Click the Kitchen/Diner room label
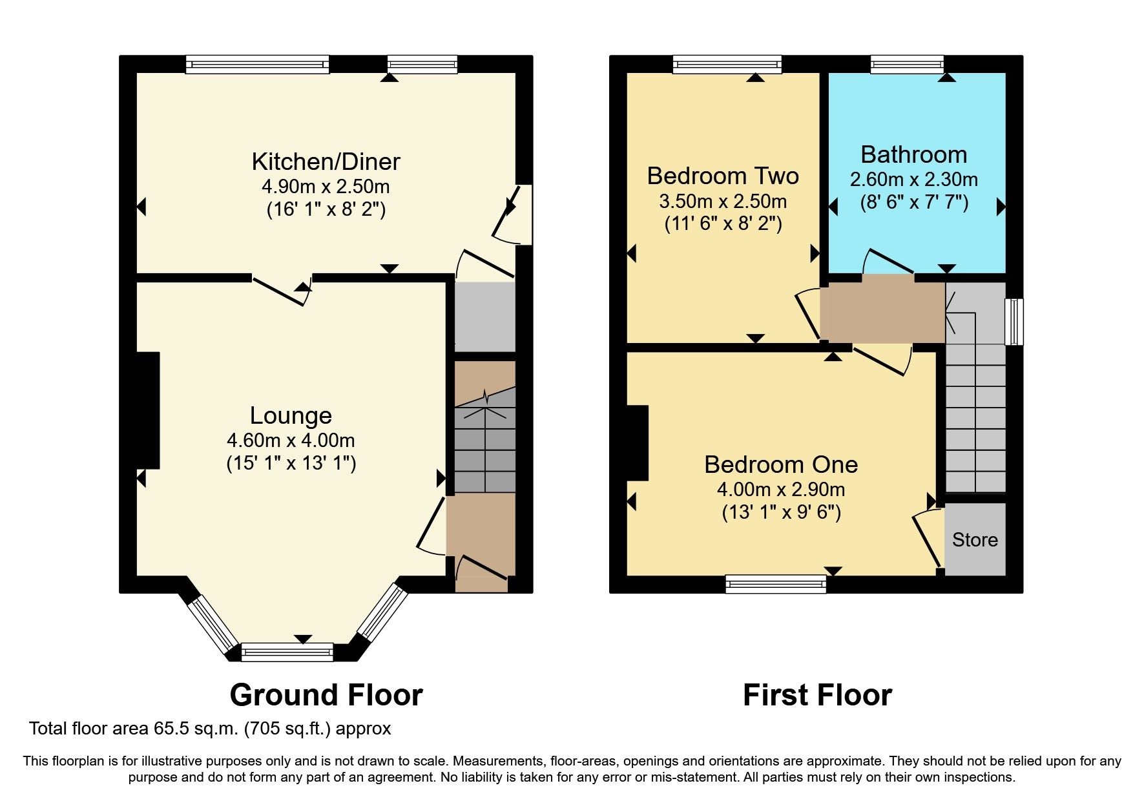326,161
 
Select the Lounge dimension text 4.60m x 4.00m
291,441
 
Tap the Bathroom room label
913,155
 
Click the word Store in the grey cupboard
975,540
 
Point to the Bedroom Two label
723,176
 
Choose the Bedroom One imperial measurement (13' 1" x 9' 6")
781,512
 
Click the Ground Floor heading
326,695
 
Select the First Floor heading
817,695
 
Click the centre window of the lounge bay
287,652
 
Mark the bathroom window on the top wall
907,64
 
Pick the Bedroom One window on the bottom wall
776,584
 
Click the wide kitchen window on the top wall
257,64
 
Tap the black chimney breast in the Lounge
148,410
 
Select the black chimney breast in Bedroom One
637,443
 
